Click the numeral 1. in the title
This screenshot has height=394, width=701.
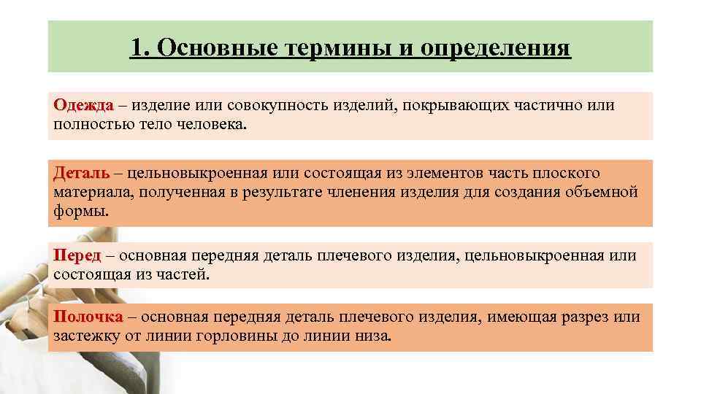pyautogui.click(x=140, y=48)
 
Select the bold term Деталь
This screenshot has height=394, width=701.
pyautogui.click(x=81, y=173)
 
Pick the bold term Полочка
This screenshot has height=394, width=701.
pyautogui.click(x=88, y=317)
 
